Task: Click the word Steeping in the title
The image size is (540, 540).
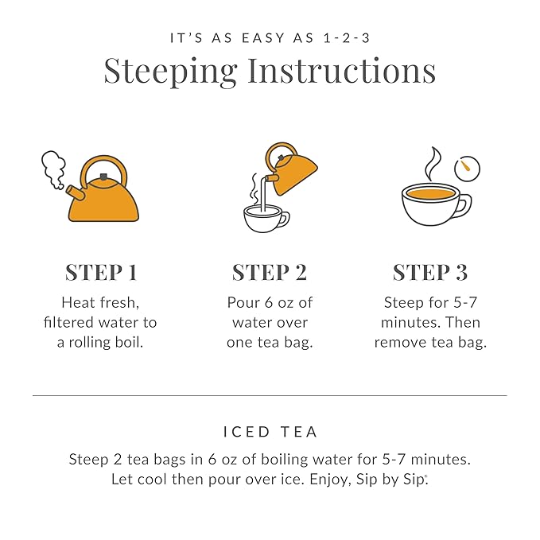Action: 170,72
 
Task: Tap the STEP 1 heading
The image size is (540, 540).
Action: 101,272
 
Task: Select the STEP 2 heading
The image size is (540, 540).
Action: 269,272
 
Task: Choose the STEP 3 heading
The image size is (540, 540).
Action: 429,272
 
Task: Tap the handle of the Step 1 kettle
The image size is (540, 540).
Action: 104,168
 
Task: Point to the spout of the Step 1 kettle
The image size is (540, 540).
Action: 76,192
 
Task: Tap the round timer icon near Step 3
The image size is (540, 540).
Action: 467,168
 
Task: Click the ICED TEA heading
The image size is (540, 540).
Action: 270,432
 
